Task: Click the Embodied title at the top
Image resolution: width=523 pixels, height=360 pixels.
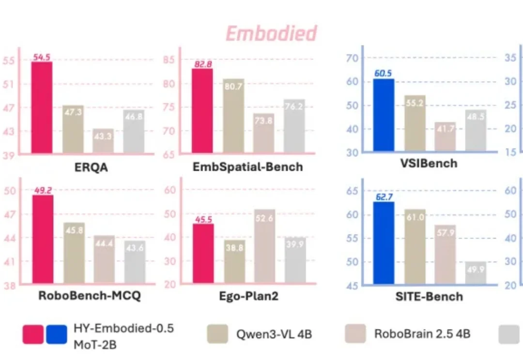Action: (271, 33)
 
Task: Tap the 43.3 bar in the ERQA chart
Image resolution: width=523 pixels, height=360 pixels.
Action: (103, 142)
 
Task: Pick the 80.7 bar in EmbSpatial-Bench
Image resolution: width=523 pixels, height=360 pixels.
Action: (233, 117)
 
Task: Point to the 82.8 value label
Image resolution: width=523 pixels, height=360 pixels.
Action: (201, 64)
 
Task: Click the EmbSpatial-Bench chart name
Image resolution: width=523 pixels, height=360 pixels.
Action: (247, 167)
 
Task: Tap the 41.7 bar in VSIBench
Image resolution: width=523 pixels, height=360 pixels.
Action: (445, 137)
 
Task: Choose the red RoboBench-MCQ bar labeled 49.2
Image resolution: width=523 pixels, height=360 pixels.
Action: (43, 239)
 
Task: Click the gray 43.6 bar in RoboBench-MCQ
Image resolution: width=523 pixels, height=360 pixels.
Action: (135, 262)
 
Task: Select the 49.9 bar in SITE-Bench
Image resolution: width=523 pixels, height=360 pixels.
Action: (476, 273)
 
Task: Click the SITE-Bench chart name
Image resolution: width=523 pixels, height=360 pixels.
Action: (429, 296)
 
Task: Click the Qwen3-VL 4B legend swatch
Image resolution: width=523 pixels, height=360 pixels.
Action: (217, 334)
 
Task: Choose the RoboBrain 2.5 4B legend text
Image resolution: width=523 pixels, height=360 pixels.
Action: (422, 333)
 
